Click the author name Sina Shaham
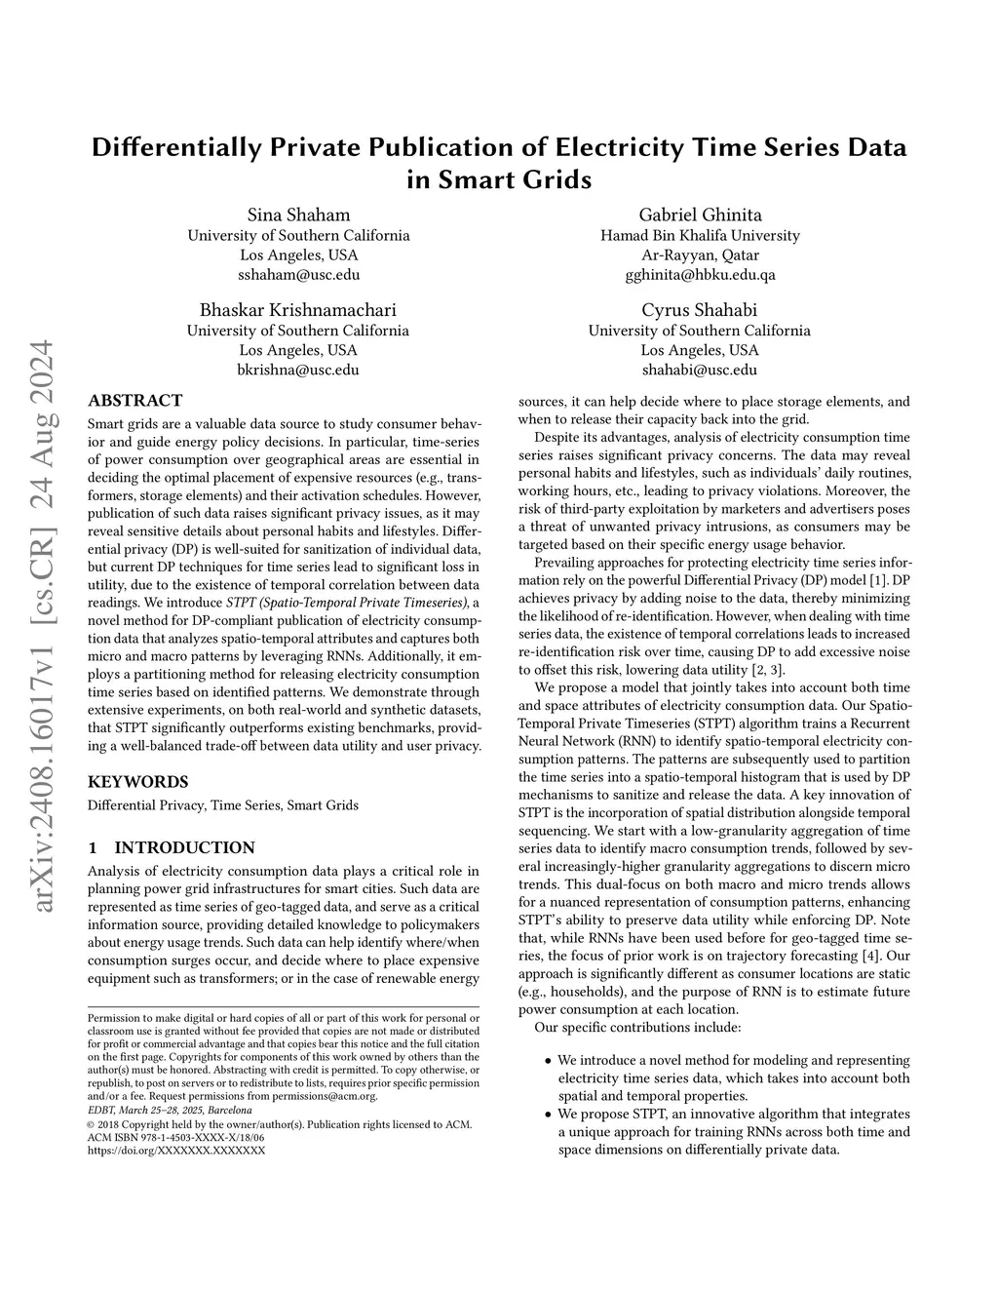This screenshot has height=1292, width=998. (298, 215)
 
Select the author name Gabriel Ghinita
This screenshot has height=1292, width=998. (700, 215)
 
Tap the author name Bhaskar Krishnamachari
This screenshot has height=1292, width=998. (298, 310)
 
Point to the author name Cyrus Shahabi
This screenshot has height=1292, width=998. (699, 310)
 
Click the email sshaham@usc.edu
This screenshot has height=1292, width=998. (298, 274)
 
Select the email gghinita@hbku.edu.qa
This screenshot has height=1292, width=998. (700, 274)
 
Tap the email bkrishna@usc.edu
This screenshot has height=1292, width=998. (298, 370)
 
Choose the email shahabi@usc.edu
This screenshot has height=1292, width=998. (699, 370)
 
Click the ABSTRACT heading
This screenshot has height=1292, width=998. (135, 400)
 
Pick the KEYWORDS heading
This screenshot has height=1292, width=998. (138, 781)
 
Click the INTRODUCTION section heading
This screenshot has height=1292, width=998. (184, 847)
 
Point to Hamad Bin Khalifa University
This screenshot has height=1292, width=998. (700, 235)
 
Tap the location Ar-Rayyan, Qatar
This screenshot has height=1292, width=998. (700, 254)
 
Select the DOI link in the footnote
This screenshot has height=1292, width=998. (176, 1151)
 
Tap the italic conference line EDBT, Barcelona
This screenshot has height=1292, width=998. (170, 1110)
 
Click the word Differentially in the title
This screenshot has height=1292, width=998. (176, 148)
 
